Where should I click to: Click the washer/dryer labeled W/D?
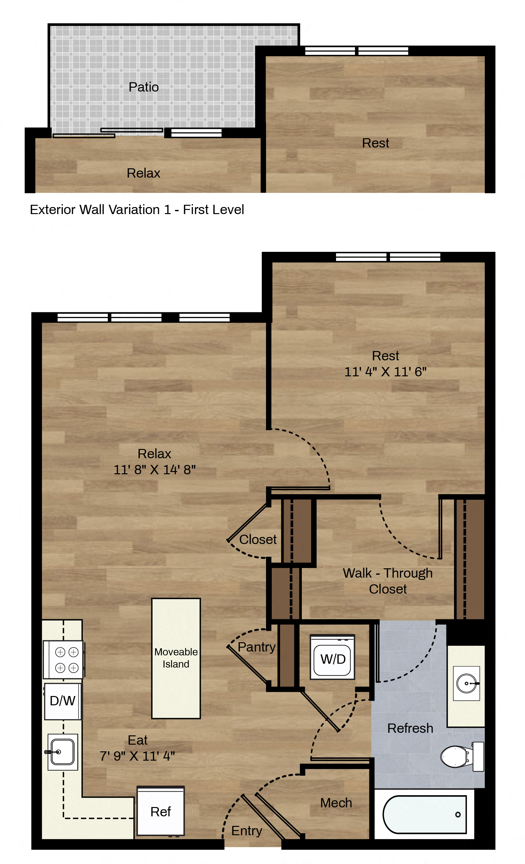[332, 657]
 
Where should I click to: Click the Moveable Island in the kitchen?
[176, 658]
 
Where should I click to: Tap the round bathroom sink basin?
[466, 684]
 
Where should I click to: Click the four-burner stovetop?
[64, 660]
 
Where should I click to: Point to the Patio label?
[144, 87]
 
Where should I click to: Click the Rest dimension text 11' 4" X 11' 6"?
[385, 372]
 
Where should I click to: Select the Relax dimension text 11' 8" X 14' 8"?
[154, 469]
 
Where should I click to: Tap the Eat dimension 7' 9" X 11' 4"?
[137, 756]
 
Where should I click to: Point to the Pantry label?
[256, 647]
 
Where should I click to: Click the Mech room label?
[336, 803]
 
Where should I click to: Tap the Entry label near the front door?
[247, 831]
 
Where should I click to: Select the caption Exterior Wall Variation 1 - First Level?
[137, 210]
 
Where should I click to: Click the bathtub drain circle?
[458, 814]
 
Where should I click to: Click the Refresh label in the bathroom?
[410, 728]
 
